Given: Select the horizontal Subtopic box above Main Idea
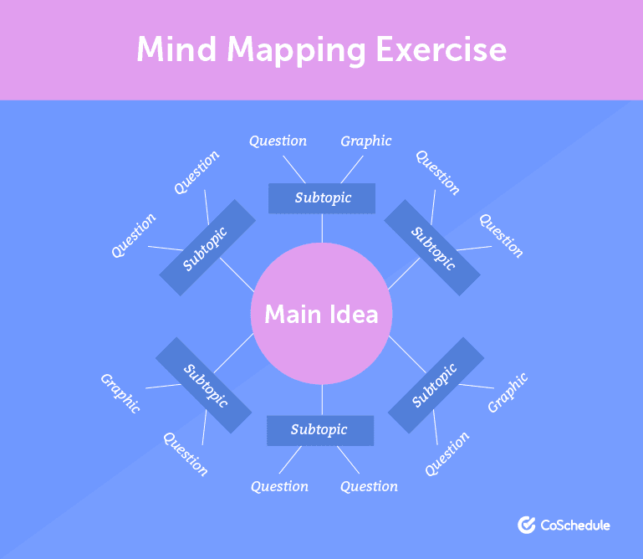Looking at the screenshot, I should [322, 198].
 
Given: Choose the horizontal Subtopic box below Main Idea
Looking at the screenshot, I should [319, 430].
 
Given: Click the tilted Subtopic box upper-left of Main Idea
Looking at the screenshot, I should [207, 248].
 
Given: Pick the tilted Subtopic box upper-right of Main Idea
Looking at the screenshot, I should [432, 247].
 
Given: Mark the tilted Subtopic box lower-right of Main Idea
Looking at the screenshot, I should [436, 385].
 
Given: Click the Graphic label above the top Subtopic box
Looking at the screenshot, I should [365, 141].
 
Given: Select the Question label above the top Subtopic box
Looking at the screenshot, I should [278, 141].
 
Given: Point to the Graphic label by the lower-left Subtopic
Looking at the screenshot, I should [120, 392].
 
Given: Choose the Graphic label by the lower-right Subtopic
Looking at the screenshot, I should [508, 392].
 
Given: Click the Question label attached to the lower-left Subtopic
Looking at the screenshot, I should [185, 454].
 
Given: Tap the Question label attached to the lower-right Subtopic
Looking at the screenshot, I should [447, 454].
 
